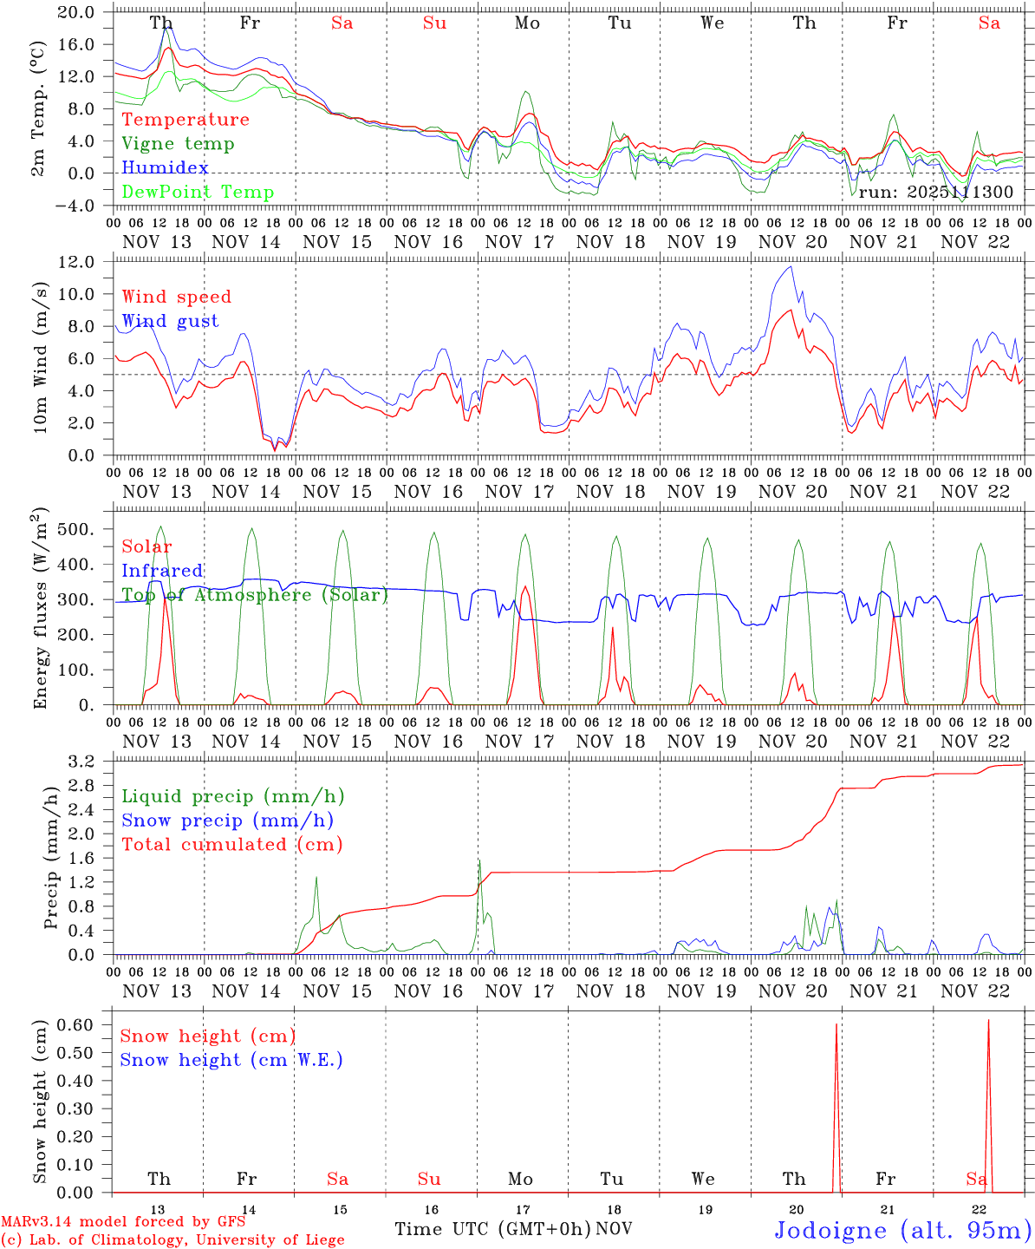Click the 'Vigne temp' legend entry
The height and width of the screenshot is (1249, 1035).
[x=178, y=144]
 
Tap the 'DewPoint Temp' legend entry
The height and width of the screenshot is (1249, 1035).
[x=198, y=193]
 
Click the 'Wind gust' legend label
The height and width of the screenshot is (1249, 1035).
[x=170, y=321]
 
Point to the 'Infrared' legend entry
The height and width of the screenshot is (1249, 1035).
[x=162, y=571]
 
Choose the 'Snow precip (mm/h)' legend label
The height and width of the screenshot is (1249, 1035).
[x=227, y=821]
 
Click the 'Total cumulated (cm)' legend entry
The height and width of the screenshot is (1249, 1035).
[x=231, y=845]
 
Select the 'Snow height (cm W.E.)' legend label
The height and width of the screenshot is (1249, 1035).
[x=231, y=1060]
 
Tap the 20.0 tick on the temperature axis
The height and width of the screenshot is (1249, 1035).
[x=78, y=12]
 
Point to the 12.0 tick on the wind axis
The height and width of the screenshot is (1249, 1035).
[x=78, y=262]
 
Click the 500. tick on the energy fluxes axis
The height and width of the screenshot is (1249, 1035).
[x=80, y=529]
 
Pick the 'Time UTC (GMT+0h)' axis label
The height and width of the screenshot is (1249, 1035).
[x=492, y=1229]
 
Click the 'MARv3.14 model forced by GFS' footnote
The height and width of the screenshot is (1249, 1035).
[x=123, y=1222]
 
